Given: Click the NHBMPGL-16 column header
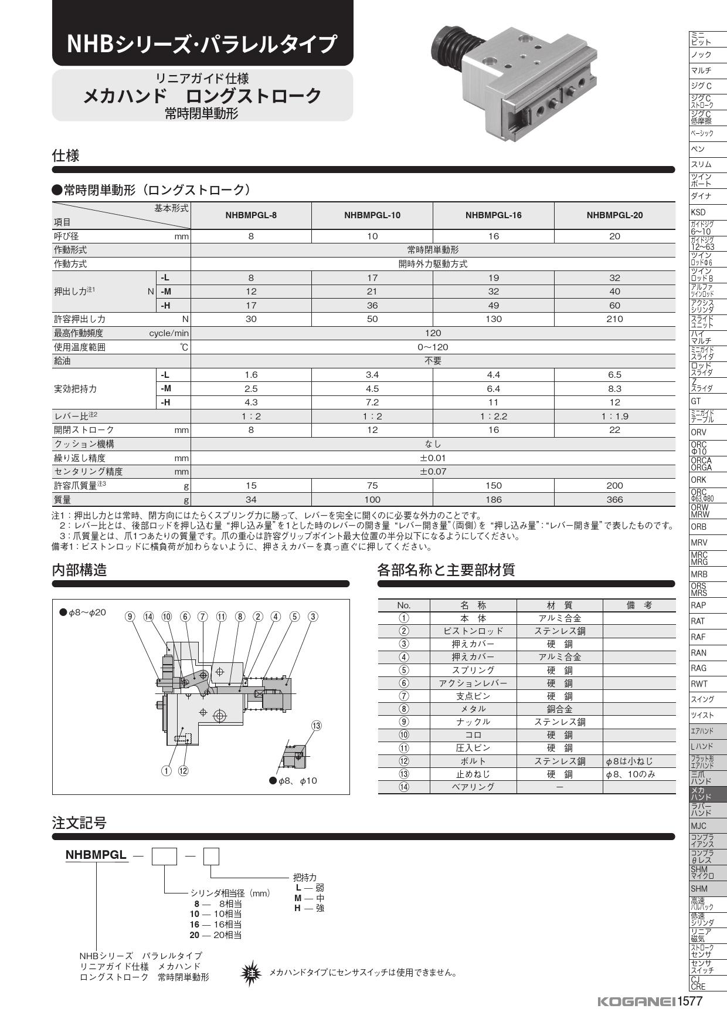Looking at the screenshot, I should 493,215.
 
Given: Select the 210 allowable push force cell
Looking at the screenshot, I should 614,319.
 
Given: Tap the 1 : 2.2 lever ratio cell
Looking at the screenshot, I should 493,417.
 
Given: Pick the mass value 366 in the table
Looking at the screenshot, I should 614,500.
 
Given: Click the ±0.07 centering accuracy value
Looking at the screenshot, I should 433,472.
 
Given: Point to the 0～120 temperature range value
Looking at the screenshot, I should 433,347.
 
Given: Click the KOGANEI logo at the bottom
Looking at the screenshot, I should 636,1001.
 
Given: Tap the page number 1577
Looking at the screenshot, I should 690,1001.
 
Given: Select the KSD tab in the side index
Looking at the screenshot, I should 698,212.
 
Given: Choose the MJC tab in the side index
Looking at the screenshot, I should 699,826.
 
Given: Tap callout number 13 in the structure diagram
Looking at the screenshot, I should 317,726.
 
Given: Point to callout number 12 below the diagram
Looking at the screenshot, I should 184,771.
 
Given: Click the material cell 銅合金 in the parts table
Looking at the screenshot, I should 559,709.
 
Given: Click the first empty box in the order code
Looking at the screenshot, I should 164,857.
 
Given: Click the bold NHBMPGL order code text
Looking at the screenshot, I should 96,855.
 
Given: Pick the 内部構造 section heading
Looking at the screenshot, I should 80,570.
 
